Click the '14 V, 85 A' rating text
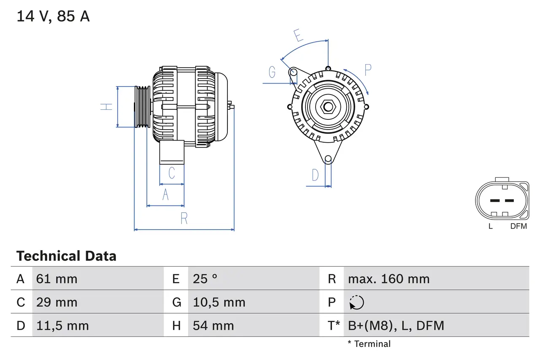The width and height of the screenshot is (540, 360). (x=53, y=16)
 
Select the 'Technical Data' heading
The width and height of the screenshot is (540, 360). (x=66, y=256)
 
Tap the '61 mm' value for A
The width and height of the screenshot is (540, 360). (x=57, y=279)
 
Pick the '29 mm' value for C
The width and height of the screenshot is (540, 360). (x=57, y=302)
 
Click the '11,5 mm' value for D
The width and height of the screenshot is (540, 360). (x=62, y=325)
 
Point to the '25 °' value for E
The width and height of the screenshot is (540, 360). (x=205, y=279)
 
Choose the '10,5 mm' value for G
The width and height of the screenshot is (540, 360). (x=219, y=302)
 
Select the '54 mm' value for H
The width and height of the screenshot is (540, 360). (x=213, y=325)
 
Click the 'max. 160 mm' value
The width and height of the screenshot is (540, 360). (x=389, y=279)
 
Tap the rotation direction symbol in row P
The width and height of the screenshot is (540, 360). (x=356, y=303)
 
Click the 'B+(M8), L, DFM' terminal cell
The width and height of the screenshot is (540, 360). (x=396, y=325)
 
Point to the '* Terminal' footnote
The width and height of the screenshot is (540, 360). (x=369, y=344)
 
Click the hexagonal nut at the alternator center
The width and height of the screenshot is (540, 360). (x=328, y=106)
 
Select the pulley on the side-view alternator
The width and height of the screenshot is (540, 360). (x=142, y=107)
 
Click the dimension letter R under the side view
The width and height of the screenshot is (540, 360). (x=184, y=219)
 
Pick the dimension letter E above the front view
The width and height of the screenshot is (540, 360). (x=299, y=36)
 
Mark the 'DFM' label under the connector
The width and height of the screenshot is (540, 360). (x=518, y=226)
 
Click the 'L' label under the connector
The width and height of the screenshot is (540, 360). (x=490, y=226)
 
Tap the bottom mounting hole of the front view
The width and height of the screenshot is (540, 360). (x=328, y=159)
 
